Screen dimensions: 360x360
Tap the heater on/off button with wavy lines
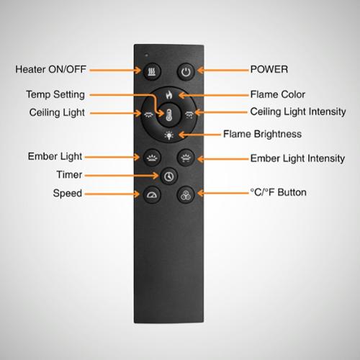pos(152,71)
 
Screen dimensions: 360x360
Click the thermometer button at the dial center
pos(169,115)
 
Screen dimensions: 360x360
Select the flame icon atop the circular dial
pos(169,95)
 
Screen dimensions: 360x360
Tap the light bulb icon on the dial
pos(169,135)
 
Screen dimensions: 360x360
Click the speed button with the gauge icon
pos(152,194)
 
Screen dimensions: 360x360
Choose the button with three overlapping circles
pos(186,194)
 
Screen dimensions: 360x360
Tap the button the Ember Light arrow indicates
pos(152,158)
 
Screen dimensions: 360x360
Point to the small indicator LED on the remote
pos(146,55)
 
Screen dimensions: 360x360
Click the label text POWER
pos(269,69)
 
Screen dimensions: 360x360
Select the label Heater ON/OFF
pos(50,69)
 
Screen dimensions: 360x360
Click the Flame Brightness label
pos(262,134)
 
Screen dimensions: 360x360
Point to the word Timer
pos(69,174)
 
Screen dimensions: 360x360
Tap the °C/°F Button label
pos(278,192)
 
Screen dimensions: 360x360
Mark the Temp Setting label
pos(55,94)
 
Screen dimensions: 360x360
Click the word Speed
pos(68,193)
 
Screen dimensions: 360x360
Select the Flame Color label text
pos(278,94)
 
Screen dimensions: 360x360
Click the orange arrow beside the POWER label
pos(222,71)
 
